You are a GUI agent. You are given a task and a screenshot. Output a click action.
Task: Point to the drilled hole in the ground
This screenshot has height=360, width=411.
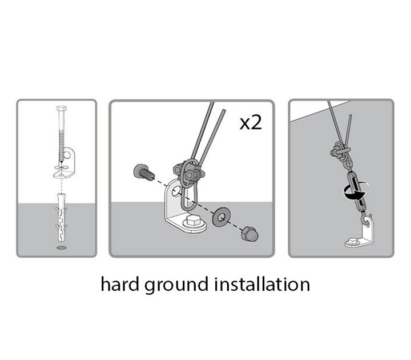[x=62, y=249]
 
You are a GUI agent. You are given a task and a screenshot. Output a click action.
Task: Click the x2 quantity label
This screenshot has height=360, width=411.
[x=250, y=122]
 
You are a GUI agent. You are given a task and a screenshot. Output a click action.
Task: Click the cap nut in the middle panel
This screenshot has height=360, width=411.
[x=249, y=234]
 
